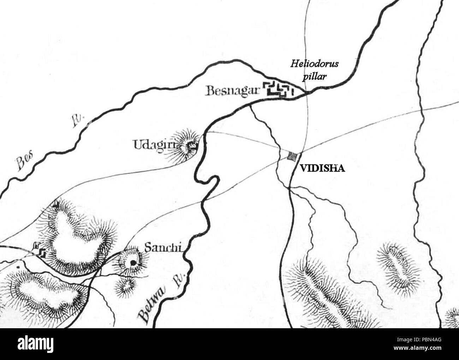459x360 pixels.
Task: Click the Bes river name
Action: pos(24,163)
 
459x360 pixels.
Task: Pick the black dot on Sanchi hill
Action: pos(132,263)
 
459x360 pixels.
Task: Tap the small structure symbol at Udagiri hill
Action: pos(192,145)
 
